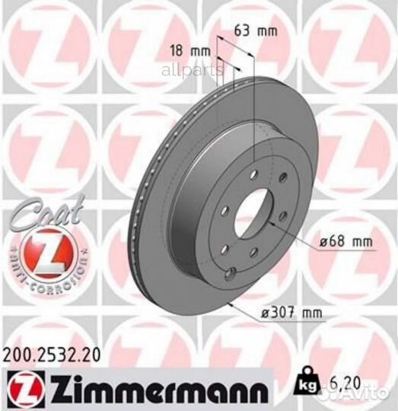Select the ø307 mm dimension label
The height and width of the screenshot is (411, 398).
pyautogui.click(x=291, y=313)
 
